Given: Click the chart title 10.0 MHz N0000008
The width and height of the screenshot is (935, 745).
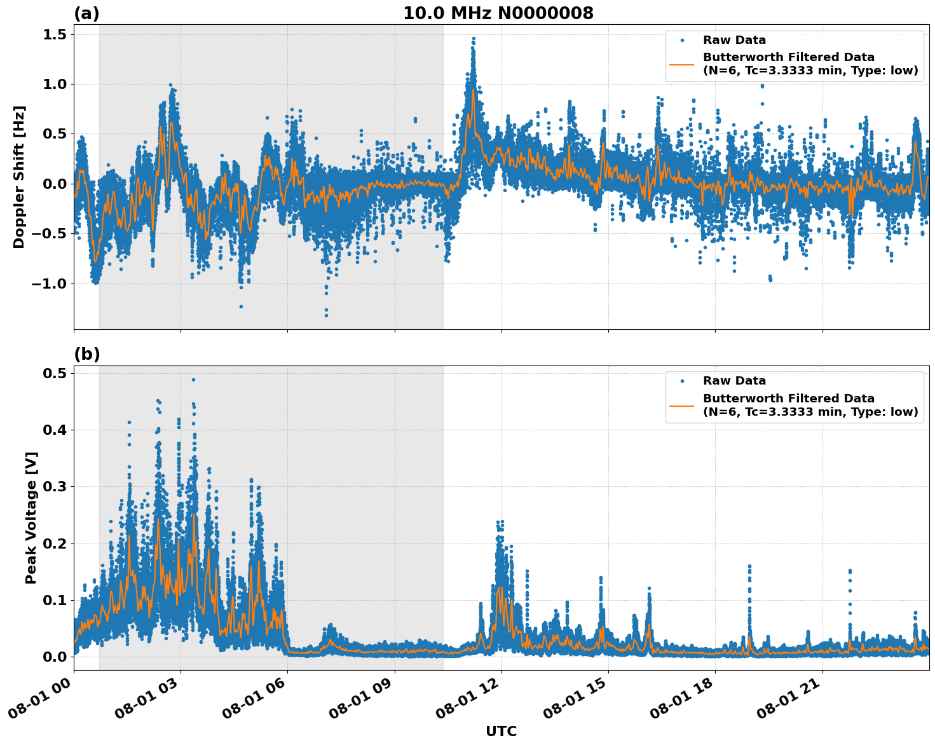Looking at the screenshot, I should point(498,13).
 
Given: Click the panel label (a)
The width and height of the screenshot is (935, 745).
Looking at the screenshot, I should point(86,13).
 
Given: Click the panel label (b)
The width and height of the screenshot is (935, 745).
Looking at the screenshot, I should point(86,354).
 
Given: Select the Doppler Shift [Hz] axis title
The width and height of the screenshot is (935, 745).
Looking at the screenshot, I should point(19,177).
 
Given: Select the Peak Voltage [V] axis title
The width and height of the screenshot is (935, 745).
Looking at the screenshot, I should point(31,517).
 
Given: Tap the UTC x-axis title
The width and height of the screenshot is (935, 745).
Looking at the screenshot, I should point(501,731).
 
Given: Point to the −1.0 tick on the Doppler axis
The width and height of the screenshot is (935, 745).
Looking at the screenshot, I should point(50,284).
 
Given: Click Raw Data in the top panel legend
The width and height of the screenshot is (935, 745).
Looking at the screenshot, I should point(734,41).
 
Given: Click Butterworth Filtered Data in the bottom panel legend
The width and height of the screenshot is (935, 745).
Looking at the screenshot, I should point(788,399).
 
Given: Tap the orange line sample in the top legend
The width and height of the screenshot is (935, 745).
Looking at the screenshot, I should point(681,64).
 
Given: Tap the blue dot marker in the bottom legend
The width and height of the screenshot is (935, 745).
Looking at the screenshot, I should point(681,381).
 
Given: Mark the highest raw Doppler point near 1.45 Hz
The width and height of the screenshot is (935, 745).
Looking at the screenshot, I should point(474,38).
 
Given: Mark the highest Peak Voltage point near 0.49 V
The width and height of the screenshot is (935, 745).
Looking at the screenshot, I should point(193,379).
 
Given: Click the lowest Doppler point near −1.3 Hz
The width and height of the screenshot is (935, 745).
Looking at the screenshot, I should point(326,315).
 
